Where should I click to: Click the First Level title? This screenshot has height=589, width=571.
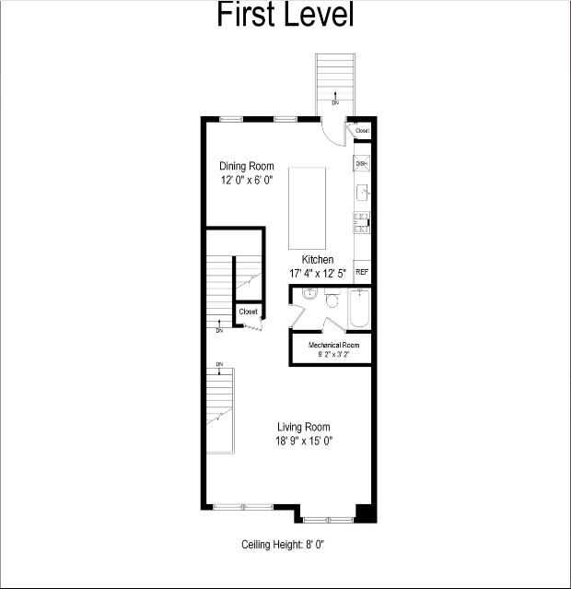click(285, 16)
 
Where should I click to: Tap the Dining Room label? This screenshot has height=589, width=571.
click(246, 167)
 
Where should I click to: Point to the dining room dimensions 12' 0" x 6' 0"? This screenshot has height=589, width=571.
click(246, 181)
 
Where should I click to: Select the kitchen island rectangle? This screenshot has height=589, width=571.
click(307, 207)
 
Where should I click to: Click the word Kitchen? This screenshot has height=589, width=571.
click(318, 260)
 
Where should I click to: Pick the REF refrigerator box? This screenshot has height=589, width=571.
click(362, 272)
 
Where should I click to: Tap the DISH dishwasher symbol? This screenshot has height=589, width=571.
click(362, 164)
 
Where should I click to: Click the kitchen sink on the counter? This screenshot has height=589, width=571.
click(362, 193)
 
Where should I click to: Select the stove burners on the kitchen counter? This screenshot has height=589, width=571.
click(362, 220)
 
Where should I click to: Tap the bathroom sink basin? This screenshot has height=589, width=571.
click(309, 296)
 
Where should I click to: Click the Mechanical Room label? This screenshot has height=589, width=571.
click(333, 345)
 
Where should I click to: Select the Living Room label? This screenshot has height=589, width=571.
click(304, 427)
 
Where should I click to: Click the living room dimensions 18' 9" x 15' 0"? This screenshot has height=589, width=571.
click(304, 441)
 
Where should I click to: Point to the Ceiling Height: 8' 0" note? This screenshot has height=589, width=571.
click(284, 545)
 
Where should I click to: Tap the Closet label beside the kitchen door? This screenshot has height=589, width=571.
click(362, 131)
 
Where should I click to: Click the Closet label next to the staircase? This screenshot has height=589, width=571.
click(248, 312)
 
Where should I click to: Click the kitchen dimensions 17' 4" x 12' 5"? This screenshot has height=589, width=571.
click(318, 274)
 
